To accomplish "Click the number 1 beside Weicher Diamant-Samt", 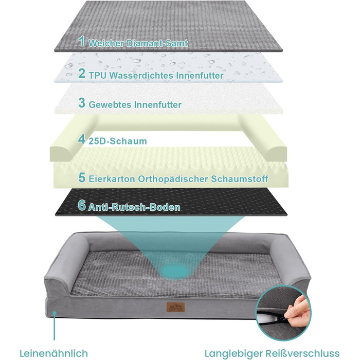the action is (81, 42).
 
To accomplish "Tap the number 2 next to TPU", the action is (82, 73).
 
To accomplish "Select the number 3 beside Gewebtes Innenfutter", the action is (82, 103).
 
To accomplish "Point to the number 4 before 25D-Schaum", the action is (82, 139).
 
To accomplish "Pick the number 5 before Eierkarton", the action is (82, 177).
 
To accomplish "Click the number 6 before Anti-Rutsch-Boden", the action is (82, 205).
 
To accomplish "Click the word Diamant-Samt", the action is (157, 43).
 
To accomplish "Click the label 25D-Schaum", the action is (118, 141).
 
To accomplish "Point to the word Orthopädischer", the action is (173, 179).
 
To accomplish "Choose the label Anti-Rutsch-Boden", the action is (134, 207).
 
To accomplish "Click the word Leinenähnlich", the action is (53, 353).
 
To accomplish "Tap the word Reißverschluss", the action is (302, 353).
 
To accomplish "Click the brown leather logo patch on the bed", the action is (176, 307).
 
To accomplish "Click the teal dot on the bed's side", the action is (55, 313).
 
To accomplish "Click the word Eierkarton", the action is (112, 179).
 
